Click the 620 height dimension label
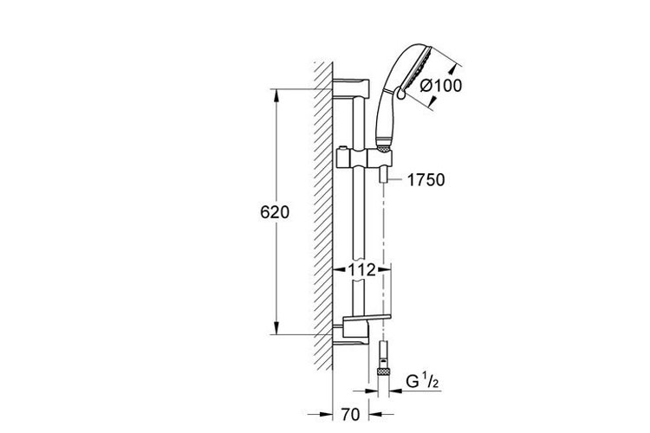pos(275,212)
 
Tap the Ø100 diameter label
pos(440,86)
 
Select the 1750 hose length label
pos(426,180)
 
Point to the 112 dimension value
pos(361,270)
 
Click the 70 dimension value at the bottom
pos(350,414)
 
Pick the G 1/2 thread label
pos(422,382)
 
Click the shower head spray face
pos(418,68)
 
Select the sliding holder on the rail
pos(364,160)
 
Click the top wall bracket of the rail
pos(351,87)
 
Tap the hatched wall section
pos(323,216)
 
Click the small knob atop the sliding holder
pos(343,148)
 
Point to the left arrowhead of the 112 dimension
pos(340,270)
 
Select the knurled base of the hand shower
pos(383,147)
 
